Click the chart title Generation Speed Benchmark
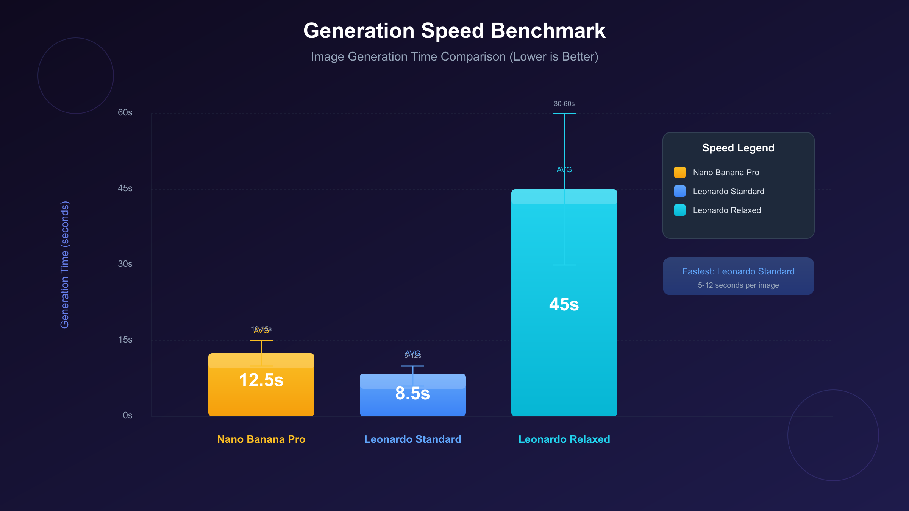pos(454,31)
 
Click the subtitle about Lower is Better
pos(454,56)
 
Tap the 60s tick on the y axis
pos(125,113)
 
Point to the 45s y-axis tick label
pos(125,189)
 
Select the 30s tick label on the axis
pos(125,264)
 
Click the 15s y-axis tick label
pos(125,340)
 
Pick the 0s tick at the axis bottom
pos(128,416)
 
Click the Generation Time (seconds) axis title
pos(65,265)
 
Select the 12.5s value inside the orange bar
pos(261,380)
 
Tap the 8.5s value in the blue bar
pos(412,393)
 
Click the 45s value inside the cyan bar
pos(564,304)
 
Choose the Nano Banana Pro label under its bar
pos(261,439)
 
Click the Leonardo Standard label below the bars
pos(412,439)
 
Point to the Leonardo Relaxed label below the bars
pos(564,439)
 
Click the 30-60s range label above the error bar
pos(564,104)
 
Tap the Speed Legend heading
pos(738,148)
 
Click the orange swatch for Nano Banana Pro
pos(680,172)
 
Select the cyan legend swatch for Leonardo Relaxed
pos(680,210)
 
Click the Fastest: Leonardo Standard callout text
pos(738,271)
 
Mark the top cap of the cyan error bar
pos(564,114)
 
